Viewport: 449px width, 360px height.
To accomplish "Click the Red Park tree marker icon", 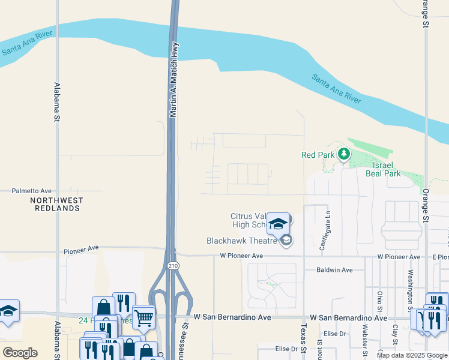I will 343,155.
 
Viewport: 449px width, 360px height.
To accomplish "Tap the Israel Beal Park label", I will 383,169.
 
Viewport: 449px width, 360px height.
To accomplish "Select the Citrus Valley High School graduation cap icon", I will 278,224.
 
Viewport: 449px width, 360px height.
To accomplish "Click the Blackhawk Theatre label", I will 241,241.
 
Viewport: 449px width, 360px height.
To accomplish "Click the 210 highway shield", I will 173,265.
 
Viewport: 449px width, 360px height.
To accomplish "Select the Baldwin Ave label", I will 334,270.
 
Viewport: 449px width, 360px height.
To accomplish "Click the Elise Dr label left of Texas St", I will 286,349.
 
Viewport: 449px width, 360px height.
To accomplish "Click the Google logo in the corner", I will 20,353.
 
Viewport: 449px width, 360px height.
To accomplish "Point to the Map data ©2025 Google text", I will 412,355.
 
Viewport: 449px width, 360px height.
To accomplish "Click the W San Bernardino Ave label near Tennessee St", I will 232,317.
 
